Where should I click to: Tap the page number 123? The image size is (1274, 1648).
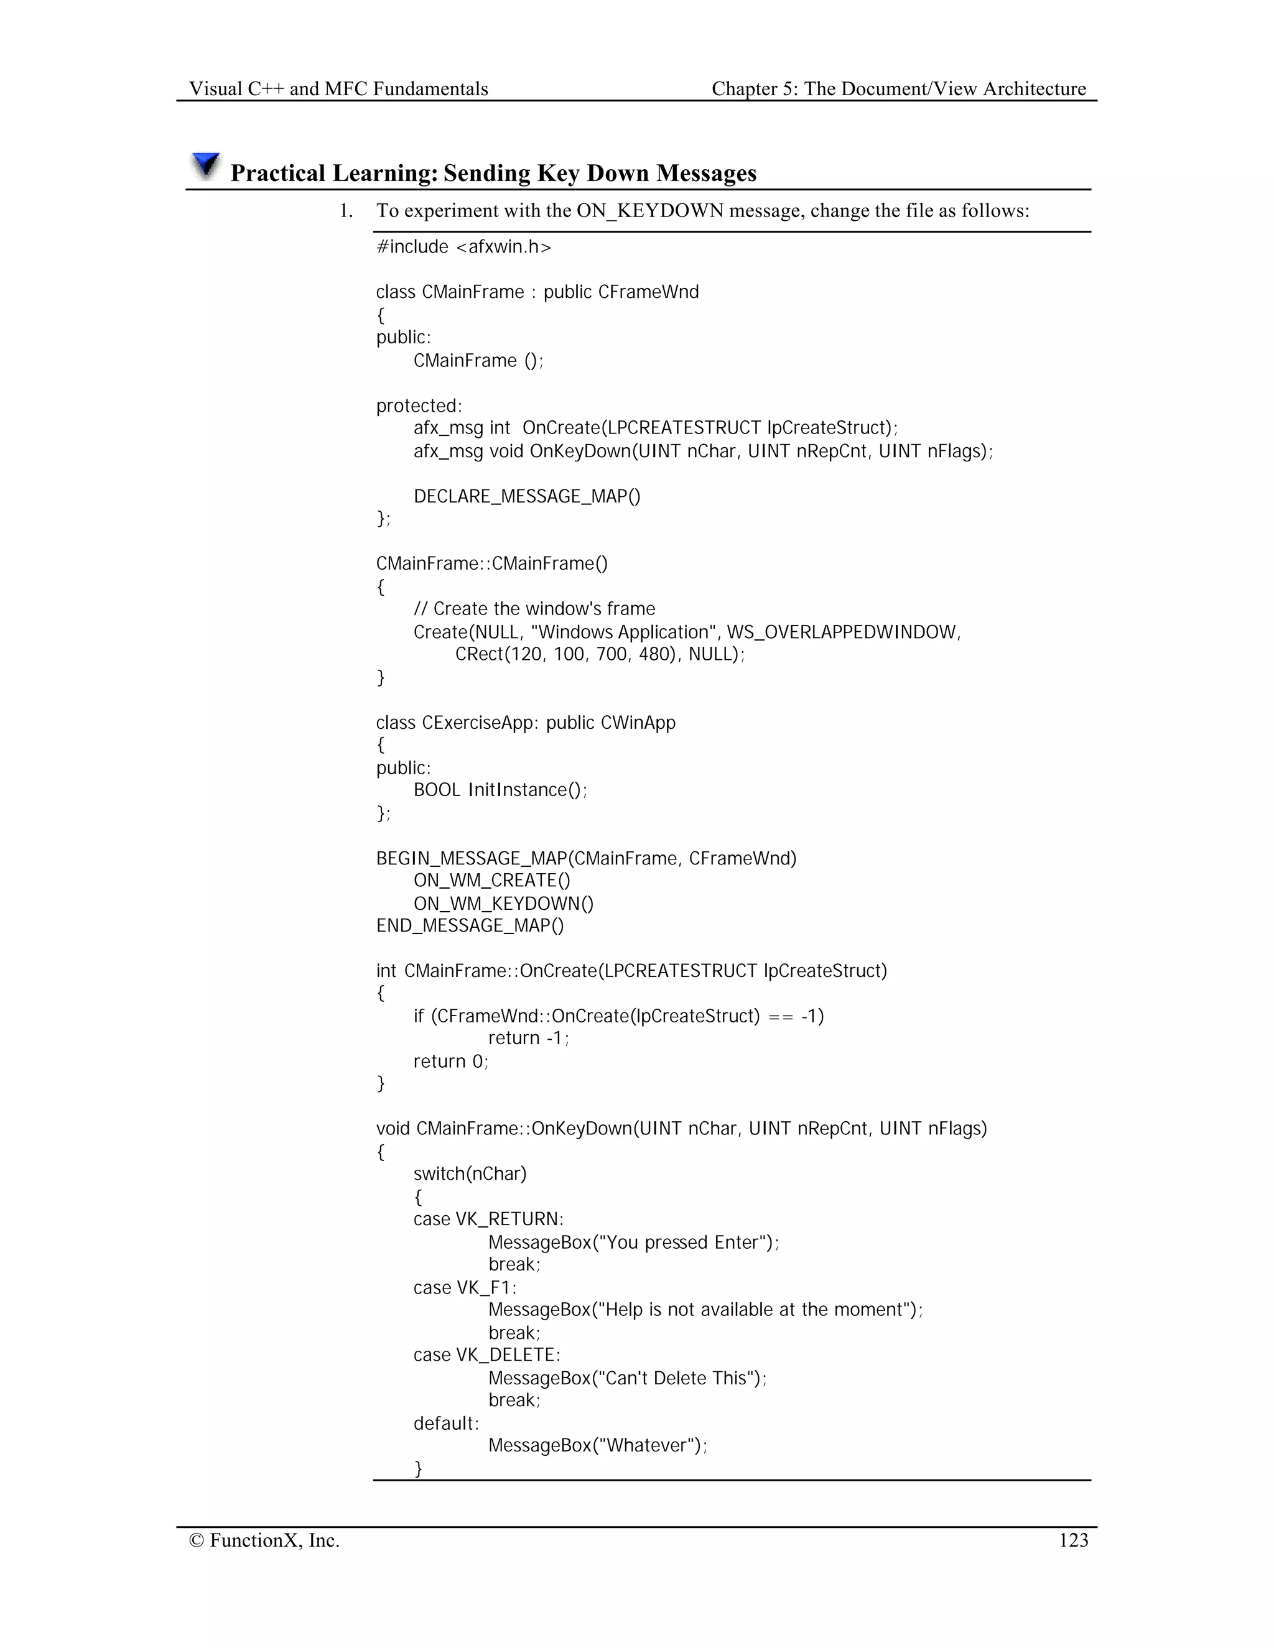[x=1073, y=1540]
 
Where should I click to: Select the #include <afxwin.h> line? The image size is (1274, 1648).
[x=463, y=247]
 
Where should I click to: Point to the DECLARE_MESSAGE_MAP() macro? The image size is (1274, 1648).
[x=527, y=496]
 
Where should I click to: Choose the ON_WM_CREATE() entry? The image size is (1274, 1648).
[x=491, y=881]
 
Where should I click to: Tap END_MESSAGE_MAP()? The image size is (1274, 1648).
[x=470, y=925]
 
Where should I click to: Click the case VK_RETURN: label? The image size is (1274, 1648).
[x=488, y=1220]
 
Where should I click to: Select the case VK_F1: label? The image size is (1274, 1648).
[x=465, y=1287]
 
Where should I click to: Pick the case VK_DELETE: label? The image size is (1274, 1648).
[x=487, y=1355]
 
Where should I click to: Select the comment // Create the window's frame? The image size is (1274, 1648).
[x=534, y=609]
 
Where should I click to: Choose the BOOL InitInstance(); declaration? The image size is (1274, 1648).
[x=500, y=790]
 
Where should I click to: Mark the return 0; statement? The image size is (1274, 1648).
[x=450, y=1061]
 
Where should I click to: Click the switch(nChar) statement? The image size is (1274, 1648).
[x=470, y=1174]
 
